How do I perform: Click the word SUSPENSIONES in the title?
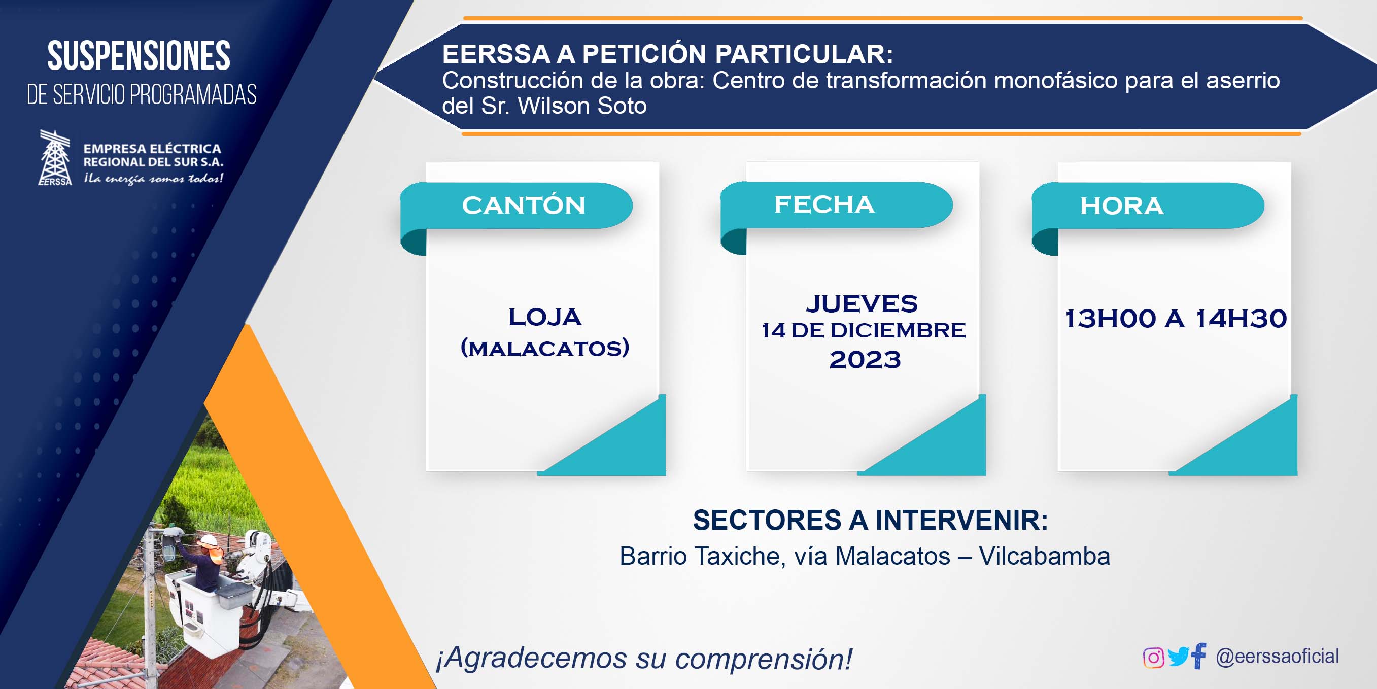(x=139, y=56)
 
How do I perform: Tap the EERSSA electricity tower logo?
(x=55, y=158)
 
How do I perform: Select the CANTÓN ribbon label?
(x=523, y=205)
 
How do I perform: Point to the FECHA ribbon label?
(x=824, y=204)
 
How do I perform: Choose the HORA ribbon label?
(x=1121, y=206)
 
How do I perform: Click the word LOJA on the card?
(x=545, y=317)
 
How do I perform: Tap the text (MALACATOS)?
(x=545, y=348)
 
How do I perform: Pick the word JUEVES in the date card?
(x=862, y=303)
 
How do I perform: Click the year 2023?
(x=865, y=359)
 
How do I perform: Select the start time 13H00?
(x=1110, y=319)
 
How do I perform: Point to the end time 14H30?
(x=1241, y=319)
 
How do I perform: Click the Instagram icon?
(x=1153, y=658)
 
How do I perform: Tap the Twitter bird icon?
(x=1178, y=657)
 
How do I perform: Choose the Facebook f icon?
(x=1199, y=656)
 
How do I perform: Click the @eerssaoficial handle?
(x=1277, y=656)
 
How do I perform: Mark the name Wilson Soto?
(x=582, y=106)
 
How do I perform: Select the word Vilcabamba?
(x=1045, y=557)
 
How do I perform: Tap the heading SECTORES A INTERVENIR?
(x=870, y=520)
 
